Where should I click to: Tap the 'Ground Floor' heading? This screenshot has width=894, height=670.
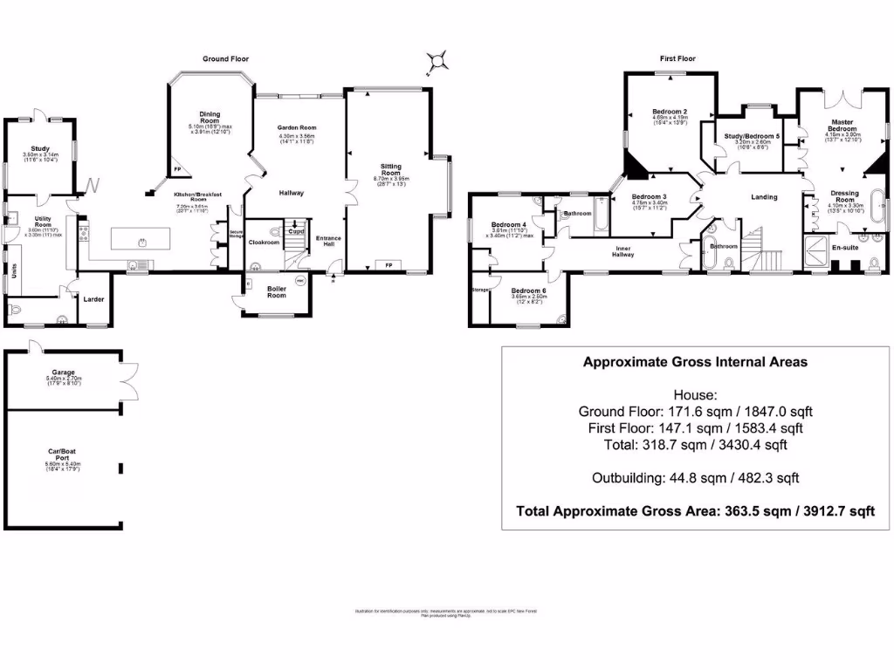click(226, 59)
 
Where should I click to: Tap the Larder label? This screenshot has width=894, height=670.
click(94, 299)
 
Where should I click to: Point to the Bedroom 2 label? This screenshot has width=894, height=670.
click(670, 112)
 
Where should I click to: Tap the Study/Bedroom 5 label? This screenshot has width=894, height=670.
click(752, 137)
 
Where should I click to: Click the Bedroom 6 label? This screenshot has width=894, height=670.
click(528, 291)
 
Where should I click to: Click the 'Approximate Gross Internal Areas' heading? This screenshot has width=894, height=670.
click(695, 362)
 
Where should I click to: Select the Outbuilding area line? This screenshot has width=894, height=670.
click(695, 478)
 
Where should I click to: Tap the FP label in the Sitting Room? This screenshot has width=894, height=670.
click(387, 263)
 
